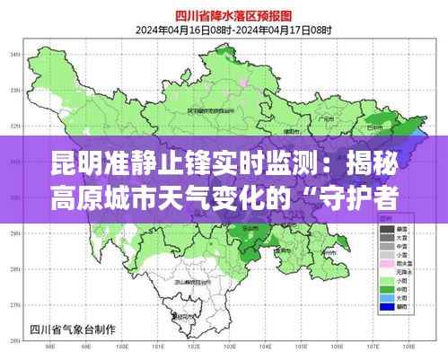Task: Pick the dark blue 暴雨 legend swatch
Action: [387, 307]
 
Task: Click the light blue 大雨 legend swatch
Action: [387, 297]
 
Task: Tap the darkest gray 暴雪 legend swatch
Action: [387, 230]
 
